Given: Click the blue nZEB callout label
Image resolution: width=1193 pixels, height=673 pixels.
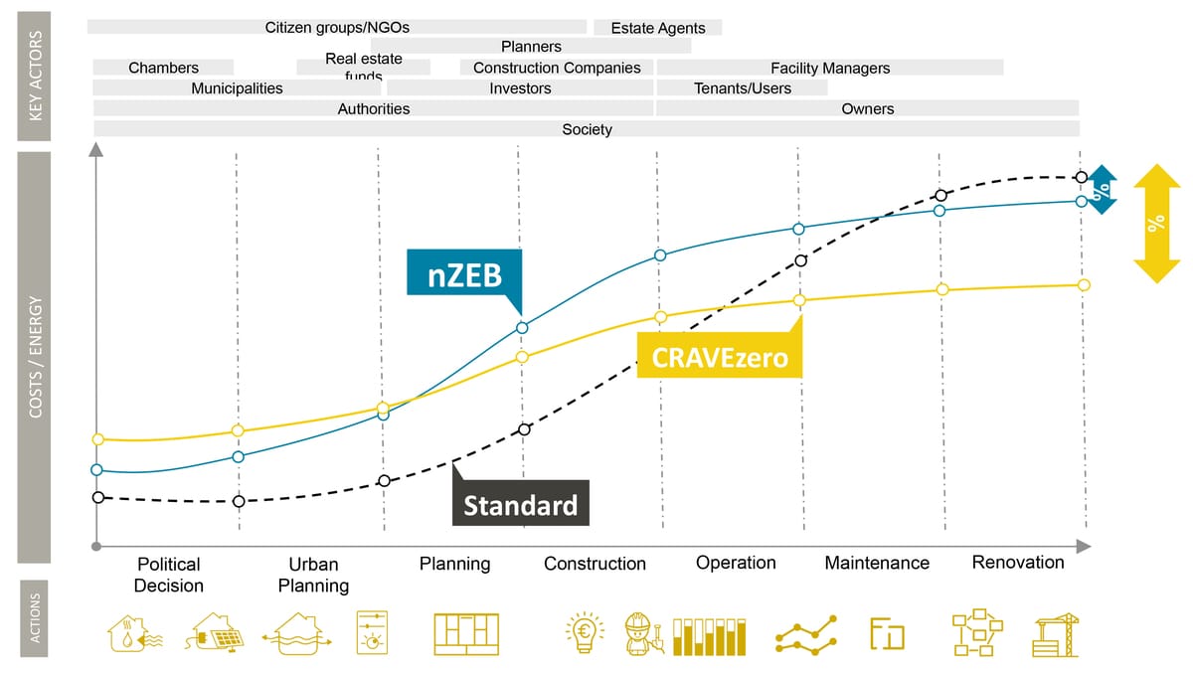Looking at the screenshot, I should pyautogui.click(x=462, y=272).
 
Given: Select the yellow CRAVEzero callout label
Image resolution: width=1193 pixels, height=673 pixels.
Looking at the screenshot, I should pyautogui.click(x=720, y=356).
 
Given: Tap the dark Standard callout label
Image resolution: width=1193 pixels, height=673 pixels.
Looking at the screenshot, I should pyautogui.click(x=520, y=504).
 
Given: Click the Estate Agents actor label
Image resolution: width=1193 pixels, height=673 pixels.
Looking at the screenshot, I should pyautogui.click(x=657, y=28).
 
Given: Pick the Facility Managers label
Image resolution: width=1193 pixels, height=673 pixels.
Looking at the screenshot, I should pyautogui.click(x=829, y=68).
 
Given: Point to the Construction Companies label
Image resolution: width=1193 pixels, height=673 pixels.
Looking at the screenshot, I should pyautogui.click(x=557, y=68).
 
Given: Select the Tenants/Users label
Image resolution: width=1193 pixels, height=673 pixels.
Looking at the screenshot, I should pyautogui.click(x=743, y=88).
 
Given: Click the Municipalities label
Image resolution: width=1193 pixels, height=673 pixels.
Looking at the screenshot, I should pyautogui.click(x=237, y=88).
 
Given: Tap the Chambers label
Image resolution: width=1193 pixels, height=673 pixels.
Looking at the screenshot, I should pyautogui.click(x=163, y=68).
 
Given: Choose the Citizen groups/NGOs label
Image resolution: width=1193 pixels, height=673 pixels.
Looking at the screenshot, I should pyautogui.click(x=337, y=27).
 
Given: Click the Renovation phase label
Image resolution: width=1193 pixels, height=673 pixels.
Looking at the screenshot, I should pyautogui.click(x=1017, y=563).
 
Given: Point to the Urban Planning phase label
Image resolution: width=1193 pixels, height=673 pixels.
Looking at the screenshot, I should pyautogui.click(x=313, y=575).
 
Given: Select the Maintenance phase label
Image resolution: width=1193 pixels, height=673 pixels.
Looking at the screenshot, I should pyautogui.click(x=876, y=564).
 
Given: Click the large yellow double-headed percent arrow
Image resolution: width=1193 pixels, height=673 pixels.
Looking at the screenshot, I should pyautogui.click(x=1156, y=224).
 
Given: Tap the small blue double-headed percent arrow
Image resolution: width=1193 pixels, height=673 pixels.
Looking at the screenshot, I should pyautogui.click(x=1101, y=190).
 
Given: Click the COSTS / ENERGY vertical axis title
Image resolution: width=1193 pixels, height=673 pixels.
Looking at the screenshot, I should pyautogui.click(x=35, y=355).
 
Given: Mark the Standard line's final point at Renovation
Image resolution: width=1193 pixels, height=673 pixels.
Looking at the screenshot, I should pyautogui.click(x=1082, y=178).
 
